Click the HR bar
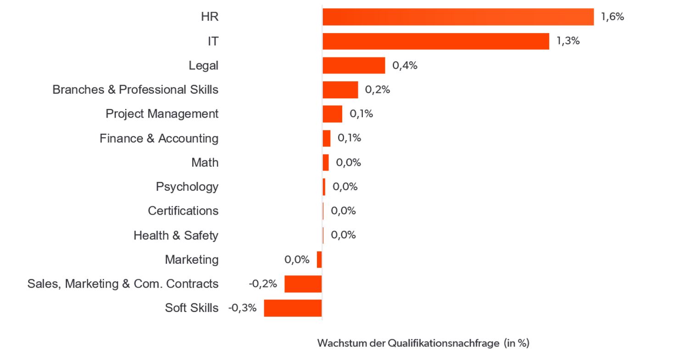458,17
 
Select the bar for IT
436,41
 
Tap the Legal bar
354,65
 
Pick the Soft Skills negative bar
293,308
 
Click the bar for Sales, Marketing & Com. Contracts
303,284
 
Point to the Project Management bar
332,114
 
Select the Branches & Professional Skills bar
340,90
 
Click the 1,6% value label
612,17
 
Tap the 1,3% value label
568,40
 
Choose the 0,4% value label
405,65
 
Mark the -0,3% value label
242,307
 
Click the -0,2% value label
262,284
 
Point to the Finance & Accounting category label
159,138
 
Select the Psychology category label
187,187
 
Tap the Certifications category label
183,211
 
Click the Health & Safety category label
176,235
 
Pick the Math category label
205,163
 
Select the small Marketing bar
319,260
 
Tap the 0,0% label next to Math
348,163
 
